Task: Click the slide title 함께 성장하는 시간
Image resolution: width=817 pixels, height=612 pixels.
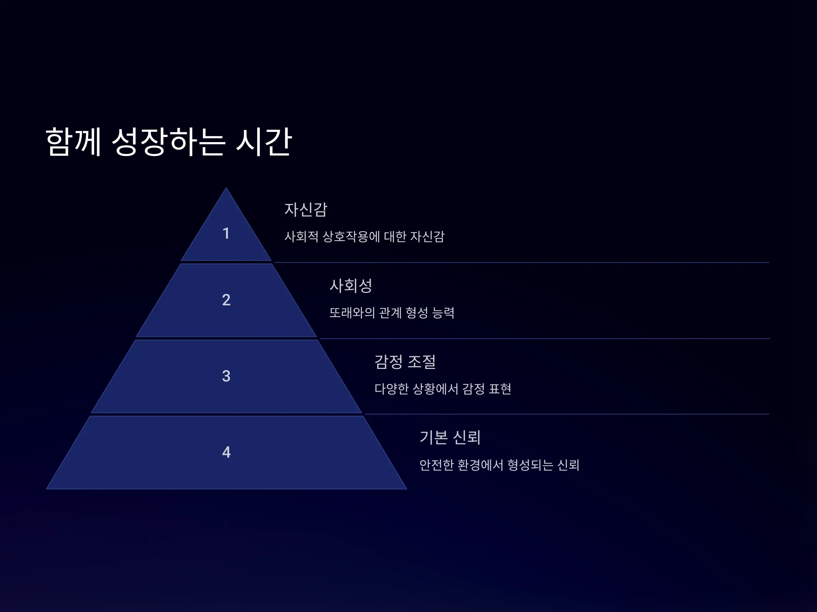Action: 169,142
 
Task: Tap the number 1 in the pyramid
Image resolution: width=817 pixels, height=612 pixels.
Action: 226,233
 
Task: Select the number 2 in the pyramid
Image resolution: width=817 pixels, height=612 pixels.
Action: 226,300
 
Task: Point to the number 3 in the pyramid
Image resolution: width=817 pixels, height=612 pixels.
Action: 226,376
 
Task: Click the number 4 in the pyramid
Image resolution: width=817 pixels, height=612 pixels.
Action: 226,452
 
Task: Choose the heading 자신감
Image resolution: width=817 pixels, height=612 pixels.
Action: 306,209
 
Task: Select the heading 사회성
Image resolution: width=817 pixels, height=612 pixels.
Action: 351,285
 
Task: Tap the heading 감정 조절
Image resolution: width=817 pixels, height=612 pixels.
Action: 405,361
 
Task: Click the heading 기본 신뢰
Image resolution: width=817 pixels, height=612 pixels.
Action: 450,437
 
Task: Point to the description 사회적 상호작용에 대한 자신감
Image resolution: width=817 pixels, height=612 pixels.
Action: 365,236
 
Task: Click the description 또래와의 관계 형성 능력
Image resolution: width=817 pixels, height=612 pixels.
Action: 392,313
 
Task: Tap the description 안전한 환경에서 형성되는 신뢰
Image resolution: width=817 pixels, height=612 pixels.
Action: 499,465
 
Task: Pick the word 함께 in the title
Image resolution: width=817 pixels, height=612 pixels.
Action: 73,142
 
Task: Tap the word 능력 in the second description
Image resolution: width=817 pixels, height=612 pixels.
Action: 443,313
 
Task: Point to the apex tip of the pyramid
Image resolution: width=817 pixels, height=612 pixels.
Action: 226,188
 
